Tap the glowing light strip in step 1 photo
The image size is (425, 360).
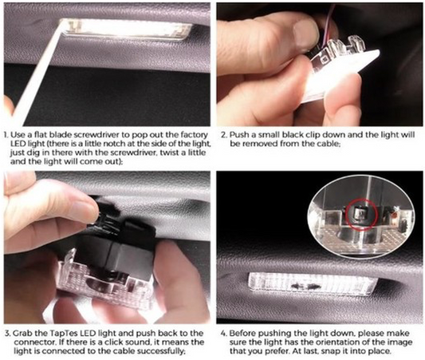126,30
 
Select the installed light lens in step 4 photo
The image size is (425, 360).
312,285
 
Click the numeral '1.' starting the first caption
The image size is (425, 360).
6,135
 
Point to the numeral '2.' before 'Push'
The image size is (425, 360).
224,135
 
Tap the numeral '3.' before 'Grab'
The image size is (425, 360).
8,334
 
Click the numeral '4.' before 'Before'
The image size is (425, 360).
224,334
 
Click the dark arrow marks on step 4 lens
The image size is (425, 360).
305,287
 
